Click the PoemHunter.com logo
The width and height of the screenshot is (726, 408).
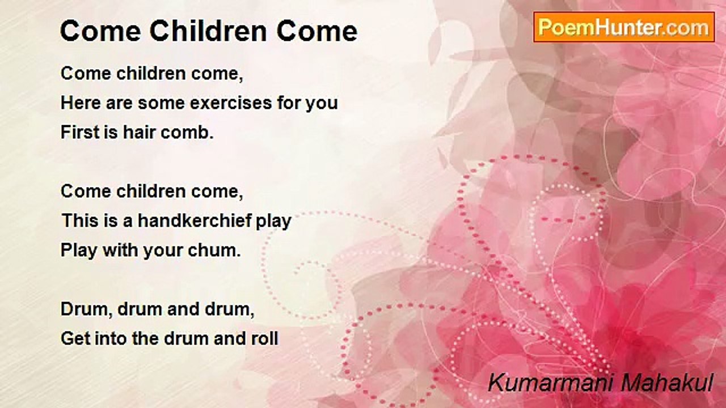tap(624, 27)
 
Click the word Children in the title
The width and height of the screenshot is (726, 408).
tap(208, 31)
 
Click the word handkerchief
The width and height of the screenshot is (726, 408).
tap(195, 220)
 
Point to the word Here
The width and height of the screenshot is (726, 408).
tap(81, 103)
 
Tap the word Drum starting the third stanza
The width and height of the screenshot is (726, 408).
tap(87, 309)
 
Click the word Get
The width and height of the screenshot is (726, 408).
tap(75, 338)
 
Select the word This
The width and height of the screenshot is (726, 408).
tap(80, 220)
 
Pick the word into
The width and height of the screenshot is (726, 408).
tap(111, 338)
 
